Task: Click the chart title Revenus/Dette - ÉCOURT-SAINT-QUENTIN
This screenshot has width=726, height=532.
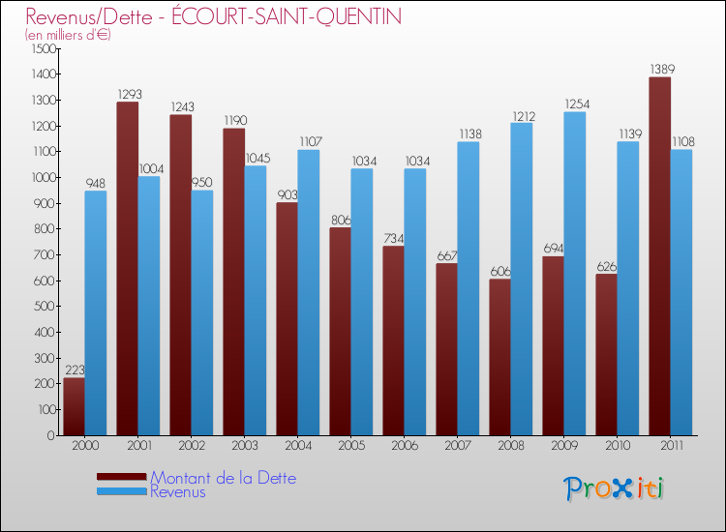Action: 213,16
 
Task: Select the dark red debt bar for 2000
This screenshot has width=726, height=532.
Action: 74,406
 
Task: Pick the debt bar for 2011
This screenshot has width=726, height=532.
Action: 659,256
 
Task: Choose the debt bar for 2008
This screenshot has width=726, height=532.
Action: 499,357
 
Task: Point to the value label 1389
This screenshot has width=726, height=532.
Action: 662,70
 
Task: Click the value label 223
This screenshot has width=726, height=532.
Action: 75,370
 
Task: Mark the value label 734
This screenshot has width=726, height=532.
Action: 394,238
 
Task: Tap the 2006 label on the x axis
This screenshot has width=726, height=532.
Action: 404,446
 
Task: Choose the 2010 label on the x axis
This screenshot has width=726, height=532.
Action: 617,446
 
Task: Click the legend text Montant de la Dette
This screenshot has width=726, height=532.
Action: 223,478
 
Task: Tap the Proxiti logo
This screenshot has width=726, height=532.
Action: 615,488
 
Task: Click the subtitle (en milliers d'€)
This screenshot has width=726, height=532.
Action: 68,35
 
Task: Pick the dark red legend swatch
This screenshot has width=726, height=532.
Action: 121,477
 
